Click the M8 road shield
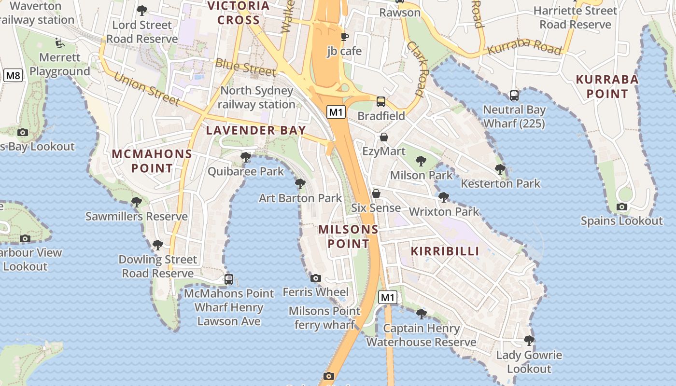click(13, 75)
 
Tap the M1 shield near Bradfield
click(337, 112)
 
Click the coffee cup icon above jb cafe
click(344, 37)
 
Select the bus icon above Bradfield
click(381, 101)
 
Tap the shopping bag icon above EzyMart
click(384, 137)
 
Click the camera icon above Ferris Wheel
click(316, 278)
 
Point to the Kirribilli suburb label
click(445, 251)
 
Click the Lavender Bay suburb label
click(256, 130)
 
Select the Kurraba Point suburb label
click(607, 86)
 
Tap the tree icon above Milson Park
click(421, 161)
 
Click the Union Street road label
click(146, 89)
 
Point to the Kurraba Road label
click(524, 47)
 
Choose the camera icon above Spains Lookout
click(622, 207)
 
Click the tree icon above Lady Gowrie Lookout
click(529, 341)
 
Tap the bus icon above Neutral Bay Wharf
click(514, 96)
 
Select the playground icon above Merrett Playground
click(59, 43)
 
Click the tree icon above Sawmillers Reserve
click(137, 202)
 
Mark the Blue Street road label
click(246, 67)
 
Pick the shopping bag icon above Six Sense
click(376, 193)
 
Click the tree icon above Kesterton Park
click(500, 169)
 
